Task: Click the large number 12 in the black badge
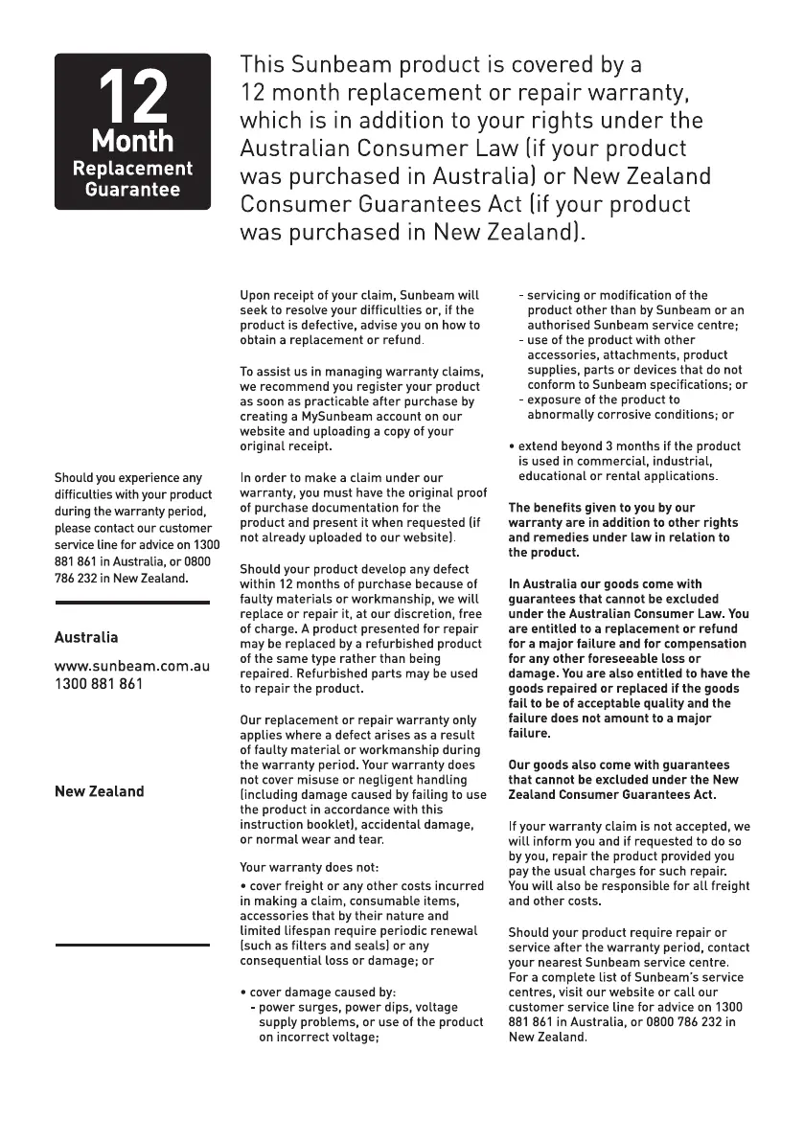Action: [132, 97]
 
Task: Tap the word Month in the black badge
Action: [132, 142]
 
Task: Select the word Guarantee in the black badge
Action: [132, 189]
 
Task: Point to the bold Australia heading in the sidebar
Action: [86, 637]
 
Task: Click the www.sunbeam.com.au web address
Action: [131, 665]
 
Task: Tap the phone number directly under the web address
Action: [99, 683]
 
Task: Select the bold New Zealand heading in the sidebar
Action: [99, 791]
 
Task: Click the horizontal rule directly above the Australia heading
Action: [131, 603]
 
